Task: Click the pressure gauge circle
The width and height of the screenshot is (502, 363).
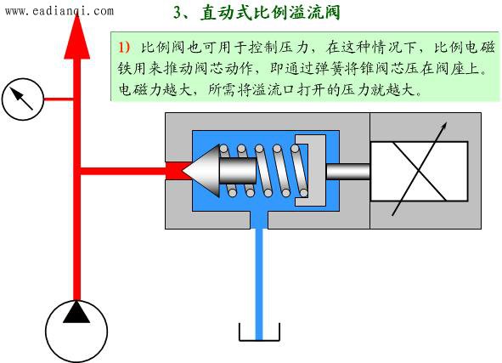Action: coord(23,99)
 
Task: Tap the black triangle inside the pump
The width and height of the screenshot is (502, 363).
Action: coord(76,312)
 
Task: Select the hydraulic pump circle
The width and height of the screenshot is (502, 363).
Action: coord(76,332)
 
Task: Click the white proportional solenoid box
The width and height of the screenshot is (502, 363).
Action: coord(419,172)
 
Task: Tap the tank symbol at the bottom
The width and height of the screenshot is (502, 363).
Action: coord(259,332)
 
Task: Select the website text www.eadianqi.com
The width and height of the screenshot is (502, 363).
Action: coord(59,11)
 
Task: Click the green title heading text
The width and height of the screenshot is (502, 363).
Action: coord(257,13)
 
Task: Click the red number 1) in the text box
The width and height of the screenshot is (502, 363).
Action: coord(124,47)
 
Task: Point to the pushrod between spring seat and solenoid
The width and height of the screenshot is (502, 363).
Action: coord(348,172)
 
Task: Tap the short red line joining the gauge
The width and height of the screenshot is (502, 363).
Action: coord(59,99)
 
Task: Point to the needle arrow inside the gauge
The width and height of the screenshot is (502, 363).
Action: coord(21,99)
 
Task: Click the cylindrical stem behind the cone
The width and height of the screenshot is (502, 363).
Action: coord(238,170)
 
